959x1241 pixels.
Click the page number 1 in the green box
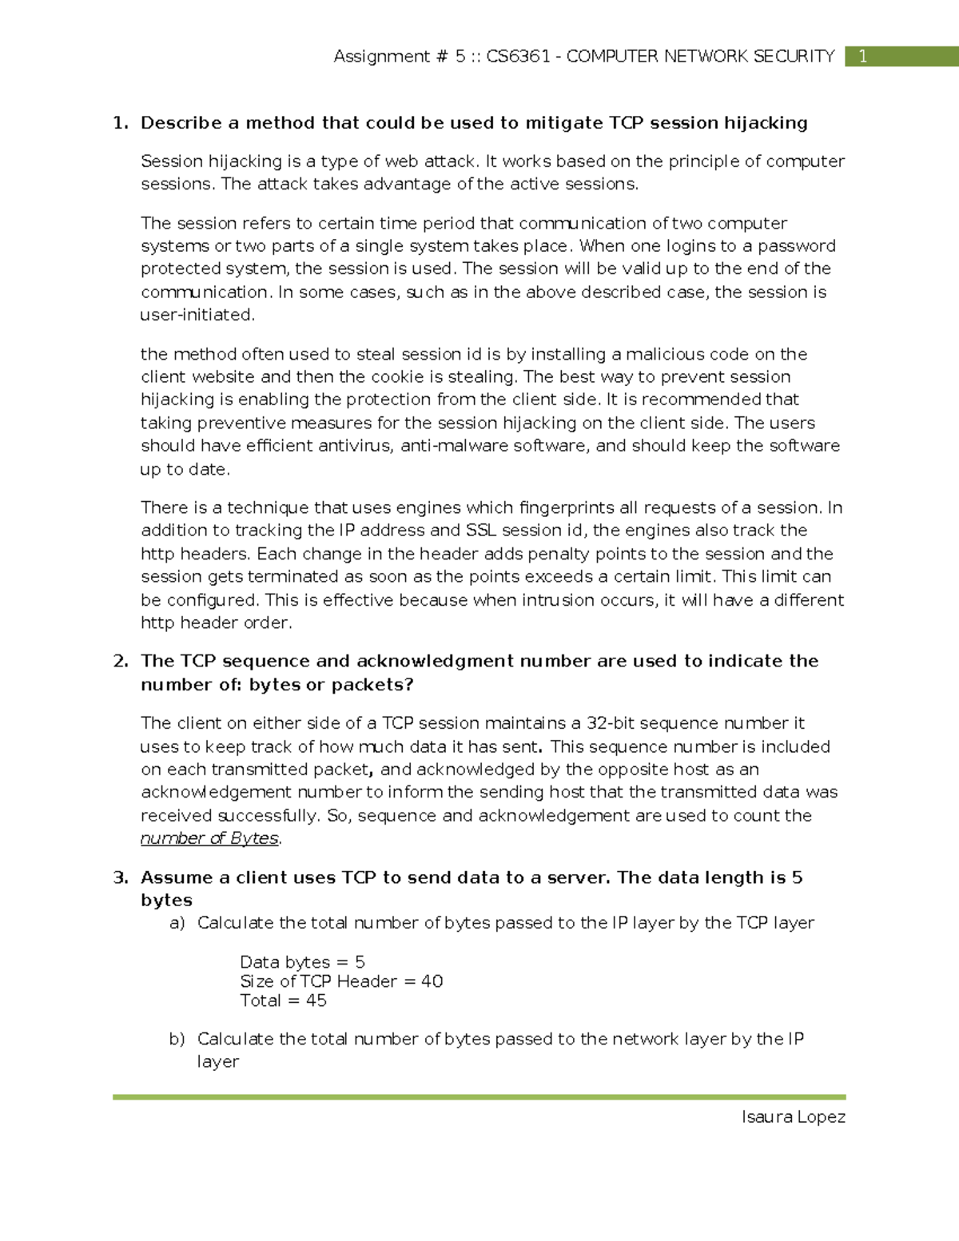(x=862, y=56)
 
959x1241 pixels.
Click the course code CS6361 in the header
(x=518, y=56)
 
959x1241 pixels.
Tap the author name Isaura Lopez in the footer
(x=793, y=1116)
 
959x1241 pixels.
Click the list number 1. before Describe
(x=121, y=123)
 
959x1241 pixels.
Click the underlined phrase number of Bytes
(x=209, y=838)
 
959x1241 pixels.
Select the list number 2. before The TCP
(x=121, y=661)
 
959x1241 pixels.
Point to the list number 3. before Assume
(x=121, y=877)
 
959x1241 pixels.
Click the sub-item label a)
(x=177, y=923)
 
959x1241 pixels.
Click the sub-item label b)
(x=177, y=1039)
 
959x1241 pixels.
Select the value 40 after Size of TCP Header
(x=432, y=981)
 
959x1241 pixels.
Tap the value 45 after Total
(x=316, y=1000)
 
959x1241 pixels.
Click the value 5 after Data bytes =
(x=360, y=962)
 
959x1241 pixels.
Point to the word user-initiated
(x=197, y=315)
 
